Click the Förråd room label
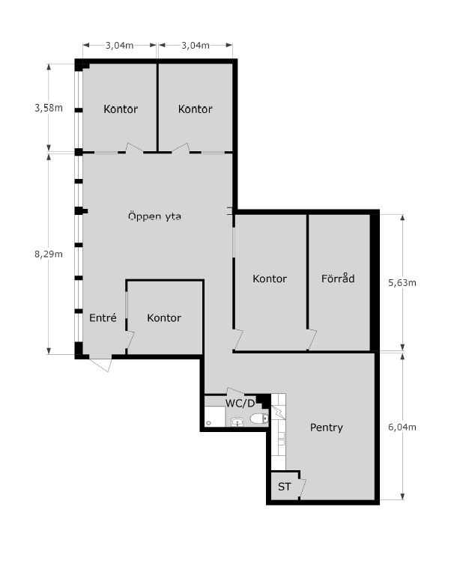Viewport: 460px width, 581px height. (338, 279)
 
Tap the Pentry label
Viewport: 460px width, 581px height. (326, 428)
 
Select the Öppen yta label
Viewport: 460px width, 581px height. (154, 216)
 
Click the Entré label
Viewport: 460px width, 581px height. (103, 317)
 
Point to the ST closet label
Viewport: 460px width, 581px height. (284, 487)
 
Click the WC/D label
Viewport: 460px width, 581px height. (240, 403)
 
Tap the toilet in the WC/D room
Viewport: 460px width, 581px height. (259, 419)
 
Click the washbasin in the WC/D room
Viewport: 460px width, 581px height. (237, 422)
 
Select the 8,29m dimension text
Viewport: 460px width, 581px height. (49, 254)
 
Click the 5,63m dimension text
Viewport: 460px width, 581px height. (402, 283)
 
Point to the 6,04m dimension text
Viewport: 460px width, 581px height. (402, 428)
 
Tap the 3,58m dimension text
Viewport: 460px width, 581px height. (49, 108)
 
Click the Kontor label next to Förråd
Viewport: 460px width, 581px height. (270, 279)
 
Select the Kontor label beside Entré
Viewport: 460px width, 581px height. (164, 317)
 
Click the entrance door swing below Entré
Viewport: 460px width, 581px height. (100, 364)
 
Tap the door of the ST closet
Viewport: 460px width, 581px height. (302, 487)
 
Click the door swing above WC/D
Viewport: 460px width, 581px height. (235, 391)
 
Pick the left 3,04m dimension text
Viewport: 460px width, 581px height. (119, 46)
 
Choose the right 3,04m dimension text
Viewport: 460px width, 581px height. (196, 46)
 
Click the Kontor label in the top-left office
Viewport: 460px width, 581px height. (121, 109)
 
